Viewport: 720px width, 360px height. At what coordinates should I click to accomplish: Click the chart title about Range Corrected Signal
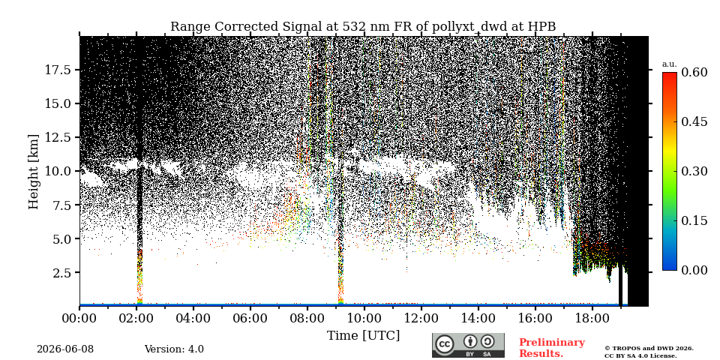363,27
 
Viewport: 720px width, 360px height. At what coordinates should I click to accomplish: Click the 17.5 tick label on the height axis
57,70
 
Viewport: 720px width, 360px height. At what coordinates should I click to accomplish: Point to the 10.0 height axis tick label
57,171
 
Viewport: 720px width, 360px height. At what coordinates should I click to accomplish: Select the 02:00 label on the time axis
136,317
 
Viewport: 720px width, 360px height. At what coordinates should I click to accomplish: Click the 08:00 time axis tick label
307,317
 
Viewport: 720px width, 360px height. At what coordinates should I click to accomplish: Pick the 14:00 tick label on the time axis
478,317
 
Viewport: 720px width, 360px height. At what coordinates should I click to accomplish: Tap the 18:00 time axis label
592,317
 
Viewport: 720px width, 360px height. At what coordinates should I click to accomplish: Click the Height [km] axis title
34,171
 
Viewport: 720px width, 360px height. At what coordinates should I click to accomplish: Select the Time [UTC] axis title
363,336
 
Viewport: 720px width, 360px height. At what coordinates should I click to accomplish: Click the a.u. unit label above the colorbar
670,64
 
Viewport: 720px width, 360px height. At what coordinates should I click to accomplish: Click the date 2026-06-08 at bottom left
65,349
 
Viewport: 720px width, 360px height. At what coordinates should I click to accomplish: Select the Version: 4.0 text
174,349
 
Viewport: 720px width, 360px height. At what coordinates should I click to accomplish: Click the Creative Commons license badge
468,345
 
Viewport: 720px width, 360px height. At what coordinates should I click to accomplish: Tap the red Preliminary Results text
552,348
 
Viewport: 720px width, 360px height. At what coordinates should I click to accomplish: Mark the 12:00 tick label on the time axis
421,317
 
